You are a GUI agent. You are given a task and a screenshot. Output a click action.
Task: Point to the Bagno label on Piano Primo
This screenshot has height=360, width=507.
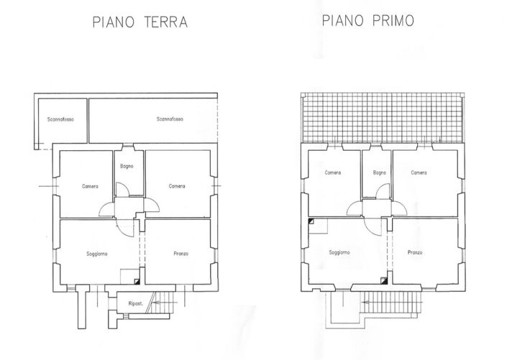(x=380, y=172)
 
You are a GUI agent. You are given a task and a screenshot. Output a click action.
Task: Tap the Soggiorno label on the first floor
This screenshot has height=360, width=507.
(x=339, y=252)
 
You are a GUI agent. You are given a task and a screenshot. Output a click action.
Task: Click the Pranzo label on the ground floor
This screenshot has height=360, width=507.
(x=181, y=253)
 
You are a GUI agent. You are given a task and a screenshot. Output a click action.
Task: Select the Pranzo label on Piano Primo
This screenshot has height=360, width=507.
(x=414, y=252)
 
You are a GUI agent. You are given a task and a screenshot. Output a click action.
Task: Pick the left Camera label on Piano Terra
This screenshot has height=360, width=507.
(x=89, y=186)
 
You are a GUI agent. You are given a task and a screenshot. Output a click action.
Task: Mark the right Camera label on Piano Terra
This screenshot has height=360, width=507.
(x=177, y=186)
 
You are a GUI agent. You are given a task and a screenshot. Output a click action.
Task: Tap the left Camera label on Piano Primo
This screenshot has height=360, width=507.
(x=332, y=172)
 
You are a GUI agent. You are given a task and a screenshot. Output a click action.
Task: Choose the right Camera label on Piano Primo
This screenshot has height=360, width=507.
(x=419, y=172)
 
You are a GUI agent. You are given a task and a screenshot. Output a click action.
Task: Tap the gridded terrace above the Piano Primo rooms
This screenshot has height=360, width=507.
(x=381, y=119)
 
